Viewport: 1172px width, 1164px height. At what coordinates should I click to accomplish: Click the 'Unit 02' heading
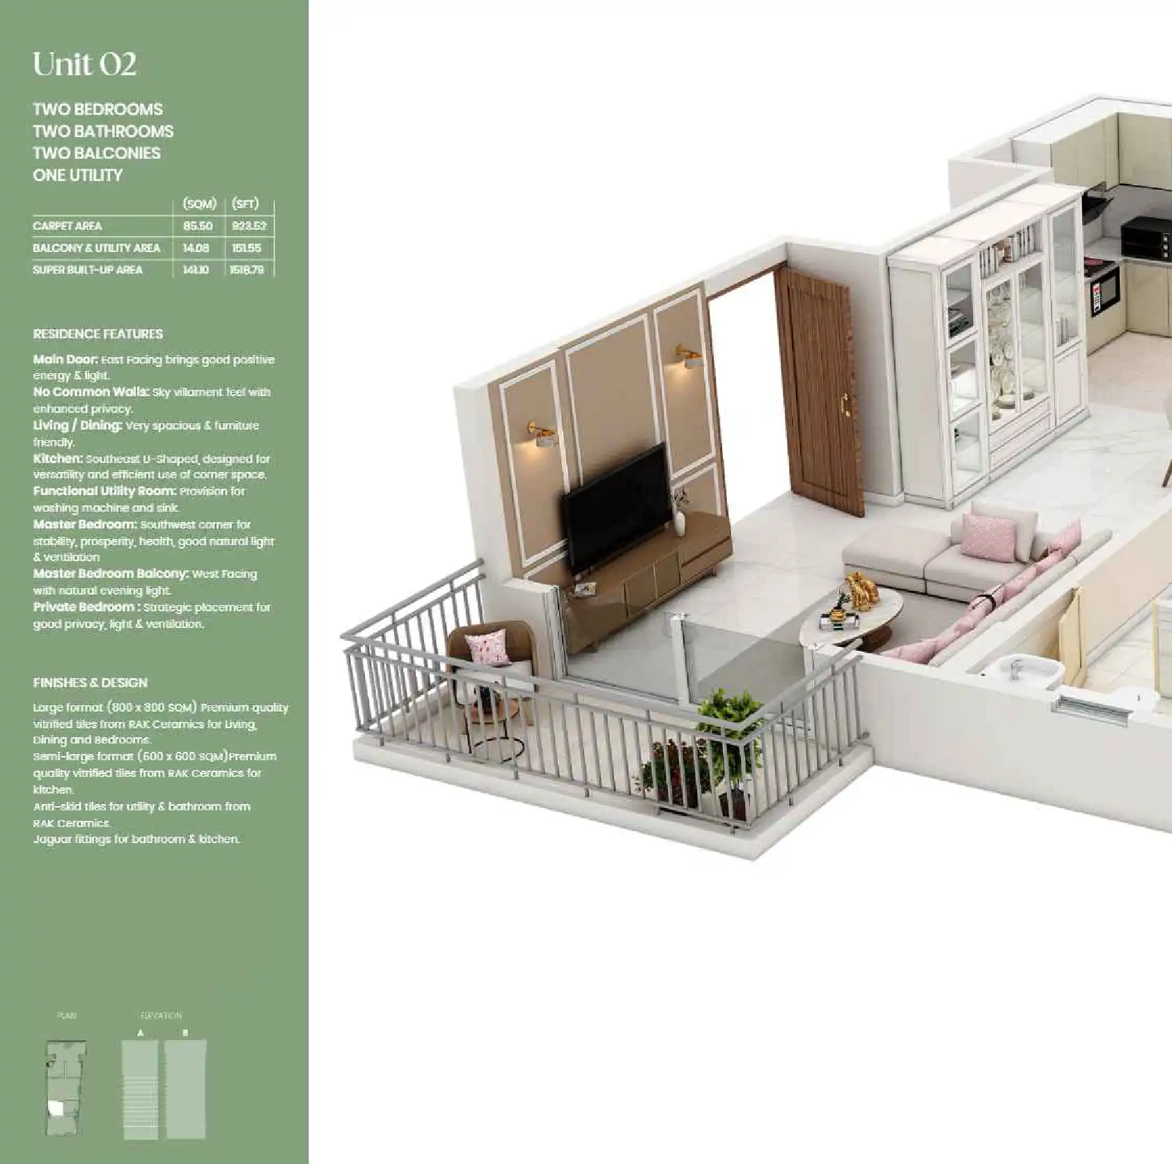tap(84, 65)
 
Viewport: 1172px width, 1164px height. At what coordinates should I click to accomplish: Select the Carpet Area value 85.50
tap(198, 226)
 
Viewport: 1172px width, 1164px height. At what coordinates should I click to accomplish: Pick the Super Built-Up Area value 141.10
tap(196, 270)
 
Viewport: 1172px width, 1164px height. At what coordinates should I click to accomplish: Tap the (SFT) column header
tap(245, 204)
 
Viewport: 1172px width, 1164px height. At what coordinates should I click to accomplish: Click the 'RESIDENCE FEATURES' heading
tap(98, 334)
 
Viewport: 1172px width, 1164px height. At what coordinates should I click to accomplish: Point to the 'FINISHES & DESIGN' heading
tap(91, 683)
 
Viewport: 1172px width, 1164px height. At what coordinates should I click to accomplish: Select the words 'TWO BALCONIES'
tap(97, 153)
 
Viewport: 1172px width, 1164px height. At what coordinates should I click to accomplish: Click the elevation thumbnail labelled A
tap(141, 1089)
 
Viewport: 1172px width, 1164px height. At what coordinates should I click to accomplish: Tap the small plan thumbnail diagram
tap(65, 1089)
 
